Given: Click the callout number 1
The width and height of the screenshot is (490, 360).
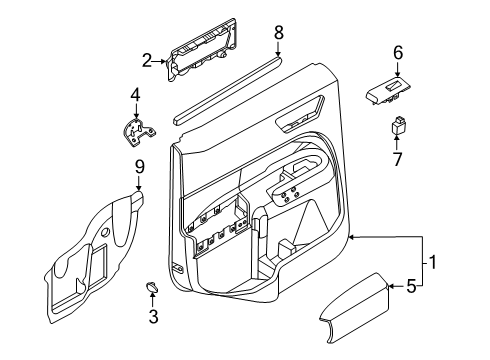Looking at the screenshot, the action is click(432, 262).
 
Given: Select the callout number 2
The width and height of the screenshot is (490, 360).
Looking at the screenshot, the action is click(147, 61).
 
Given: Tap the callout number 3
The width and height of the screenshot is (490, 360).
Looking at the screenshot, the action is click(153, 316).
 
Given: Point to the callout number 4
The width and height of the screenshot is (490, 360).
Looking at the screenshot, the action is click(135, 95).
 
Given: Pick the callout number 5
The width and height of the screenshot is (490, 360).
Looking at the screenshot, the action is click(411, 286).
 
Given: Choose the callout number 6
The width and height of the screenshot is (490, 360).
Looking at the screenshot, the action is click(398, 53).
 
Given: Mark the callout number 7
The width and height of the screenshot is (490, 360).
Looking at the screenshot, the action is click(397, 159).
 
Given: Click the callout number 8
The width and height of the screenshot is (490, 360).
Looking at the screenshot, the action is click(279, 33).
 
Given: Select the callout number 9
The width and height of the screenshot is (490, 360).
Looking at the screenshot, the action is click(140, 167).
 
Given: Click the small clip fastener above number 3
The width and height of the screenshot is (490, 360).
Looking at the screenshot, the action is click(151, 287).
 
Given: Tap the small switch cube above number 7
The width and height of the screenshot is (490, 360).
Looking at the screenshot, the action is click(397, 125).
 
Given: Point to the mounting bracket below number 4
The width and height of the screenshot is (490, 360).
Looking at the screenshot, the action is click(138, 132).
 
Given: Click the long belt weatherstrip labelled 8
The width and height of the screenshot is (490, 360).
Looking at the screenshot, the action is click(228, 91).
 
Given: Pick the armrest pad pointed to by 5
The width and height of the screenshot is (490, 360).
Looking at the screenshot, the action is click(355, 308).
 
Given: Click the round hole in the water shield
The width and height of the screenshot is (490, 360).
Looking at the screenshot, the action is click(106, 232).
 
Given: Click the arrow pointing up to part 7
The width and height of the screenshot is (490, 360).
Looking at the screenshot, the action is click(397, 142).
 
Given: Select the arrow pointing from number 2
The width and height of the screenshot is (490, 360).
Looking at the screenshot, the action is click(159, 61).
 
